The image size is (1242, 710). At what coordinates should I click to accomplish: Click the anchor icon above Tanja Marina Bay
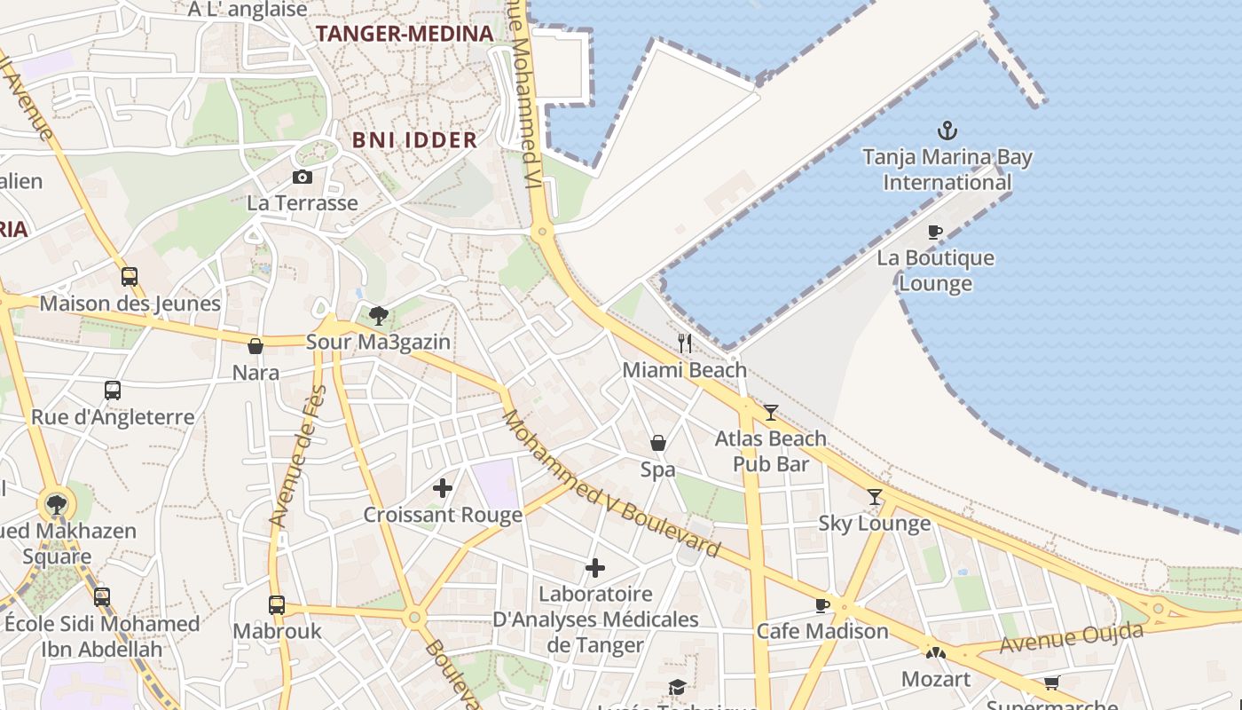coord(947,131)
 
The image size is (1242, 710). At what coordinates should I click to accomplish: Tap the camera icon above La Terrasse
coord(303,177)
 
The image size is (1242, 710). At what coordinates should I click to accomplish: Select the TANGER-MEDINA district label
coord(405,34)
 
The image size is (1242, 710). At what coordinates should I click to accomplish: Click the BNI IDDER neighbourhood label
coord(414,139)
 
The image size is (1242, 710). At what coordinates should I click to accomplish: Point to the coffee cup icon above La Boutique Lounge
coord(935,233)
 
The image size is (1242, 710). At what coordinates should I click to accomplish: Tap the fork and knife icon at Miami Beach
coord(685,343)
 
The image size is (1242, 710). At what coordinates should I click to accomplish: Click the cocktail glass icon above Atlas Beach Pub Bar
coord(770,412)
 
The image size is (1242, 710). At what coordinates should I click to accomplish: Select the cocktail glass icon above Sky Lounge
coord(875,497)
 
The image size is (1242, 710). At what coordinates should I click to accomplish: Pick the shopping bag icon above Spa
coord(658,442)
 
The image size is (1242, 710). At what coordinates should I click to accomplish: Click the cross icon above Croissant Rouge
coord(443,487)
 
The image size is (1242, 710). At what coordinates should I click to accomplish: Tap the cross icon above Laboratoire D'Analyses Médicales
coord(595,567)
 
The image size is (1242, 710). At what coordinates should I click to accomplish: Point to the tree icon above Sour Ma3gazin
coord(379,315)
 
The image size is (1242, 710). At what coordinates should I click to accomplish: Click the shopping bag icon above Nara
coord(255,346)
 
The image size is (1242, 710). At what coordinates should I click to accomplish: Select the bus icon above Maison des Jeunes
coord(130,276)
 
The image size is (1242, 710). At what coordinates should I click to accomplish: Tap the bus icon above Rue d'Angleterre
coord(113,390)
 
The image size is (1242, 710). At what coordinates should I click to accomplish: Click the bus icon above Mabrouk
coord(277,605)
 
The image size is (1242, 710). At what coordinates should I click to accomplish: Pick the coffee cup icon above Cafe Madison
coord(822,605)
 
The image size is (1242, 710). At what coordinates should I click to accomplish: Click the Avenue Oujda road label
coord(1071,638)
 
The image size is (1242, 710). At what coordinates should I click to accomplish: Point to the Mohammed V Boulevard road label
coord(611,485)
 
